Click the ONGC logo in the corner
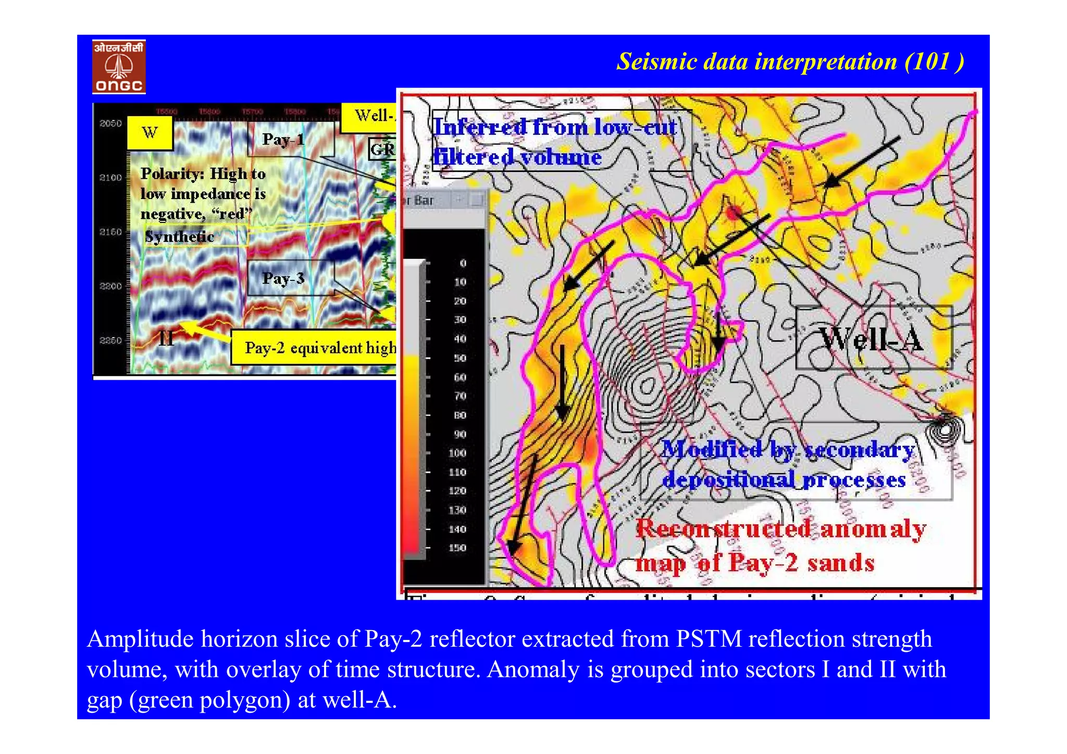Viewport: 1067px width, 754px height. (119, 67)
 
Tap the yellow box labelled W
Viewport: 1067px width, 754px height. (150, 133)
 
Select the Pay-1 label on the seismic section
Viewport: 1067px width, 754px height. (283, 140)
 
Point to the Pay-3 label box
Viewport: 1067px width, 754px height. (283, 278)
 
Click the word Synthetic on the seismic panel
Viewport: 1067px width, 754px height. (180, 237)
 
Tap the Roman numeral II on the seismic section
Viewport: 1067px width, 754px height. (166, 339)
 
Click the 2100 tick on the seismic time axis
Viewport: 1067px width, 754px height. (110, 178)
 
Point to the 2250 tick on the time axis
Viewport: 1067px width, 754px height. (110, 341)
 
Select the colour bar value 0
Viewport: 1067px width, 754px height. (462, 264)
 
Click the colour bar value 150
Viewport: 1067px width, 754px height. (457, 548)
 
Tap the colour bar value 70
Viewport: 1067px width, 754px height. (460, 397)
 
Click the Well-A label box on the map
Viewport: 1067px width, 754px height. (873, 339)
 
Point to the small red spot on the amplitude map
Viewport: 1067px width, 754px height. (734, 212)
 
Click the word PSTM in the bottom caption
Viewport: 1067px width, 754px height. (709, 639)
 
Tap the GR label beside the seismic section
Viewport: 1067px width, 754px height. (382, 150)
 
